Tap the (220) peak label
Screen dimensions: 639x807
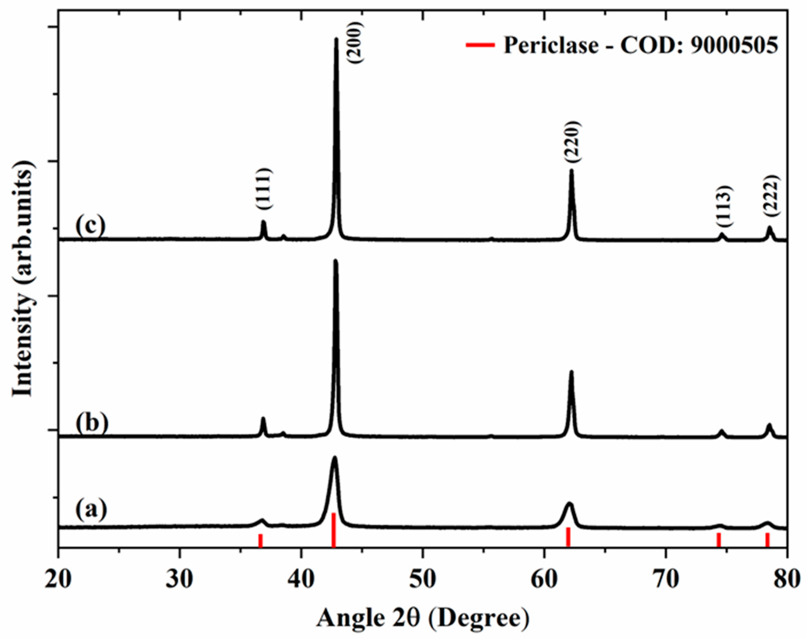(572, 141)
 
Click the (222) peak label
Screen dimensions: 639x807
(771, 195)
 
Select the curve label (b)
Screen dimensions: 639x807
(92, 423)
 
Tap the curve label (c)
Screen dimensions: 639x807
(91, 226)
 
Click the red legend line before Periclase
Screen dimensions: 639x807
(480, 45)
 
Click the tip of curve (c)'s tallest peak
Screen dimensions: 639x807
(336, 39)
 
